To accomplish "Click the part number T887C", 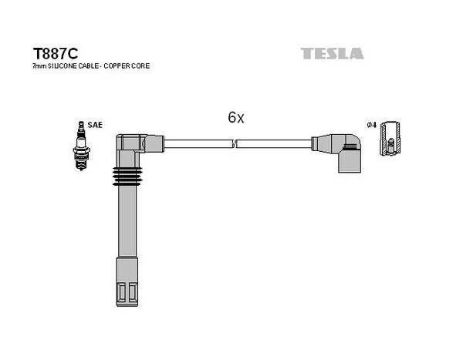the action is [x=56, y=54].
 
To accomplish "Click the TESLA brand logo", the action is [x=332, y=54].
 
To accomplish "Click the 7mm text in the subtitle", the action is [x=39, y=66].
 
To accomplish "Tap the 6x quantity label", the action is [x=236, y=117].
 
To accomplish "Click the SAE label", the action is [x=95, y=125].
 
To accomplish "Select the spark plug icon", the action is [x=81, y=146].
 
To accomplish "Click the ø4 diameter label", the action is [x=372, y=125].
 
